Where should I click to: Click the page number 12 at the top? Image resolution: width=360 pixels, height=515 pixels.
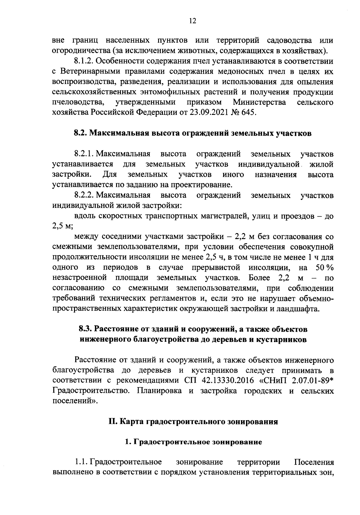click(193, 21)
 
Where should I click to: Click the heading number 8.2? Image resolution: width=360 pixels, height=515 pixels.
click(81, 133)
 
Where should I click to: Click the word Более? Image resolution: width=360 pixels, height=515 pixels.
click(259, 278)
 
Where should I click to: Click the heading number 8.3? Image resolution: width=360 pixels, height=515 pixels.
click(85, 329)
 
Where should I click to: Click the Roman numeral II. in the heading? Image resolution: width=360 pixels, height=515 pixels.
click(113, 422)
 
